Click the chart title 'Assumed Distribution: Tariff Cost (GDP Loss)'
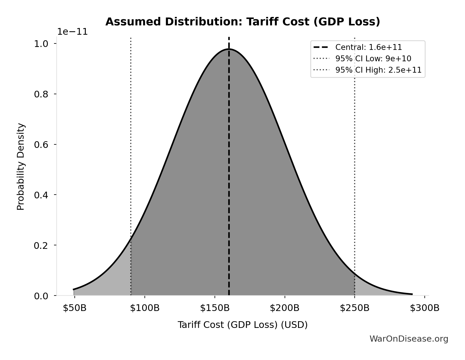coord(243,22)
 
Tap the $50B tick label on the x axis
coord(75,308)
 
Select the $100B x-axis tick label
coord(145,308)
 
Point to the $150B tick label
coord(215,308)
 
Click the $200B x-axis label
coord(285,308)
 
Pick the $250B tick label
coord(355,308)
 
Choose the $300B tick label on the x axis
coord(425,308)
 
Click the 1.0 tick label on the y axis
coord(41,44)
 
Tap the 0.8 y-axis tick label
coord(41,94)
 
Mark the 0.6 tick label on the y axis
coord(41,145)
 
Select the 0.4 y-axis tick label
coord(41,195)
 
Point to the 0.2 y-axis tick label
coord(41,245)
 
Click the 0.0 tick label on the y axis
coord(41,296)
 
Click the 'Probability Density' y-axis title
coord(21,167)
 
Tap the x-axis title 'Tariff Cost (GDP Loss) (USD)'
coord(243,325)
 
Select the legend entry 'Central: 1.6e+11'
coord(368,47)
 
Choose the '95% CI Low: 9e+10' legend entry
coord(373,59)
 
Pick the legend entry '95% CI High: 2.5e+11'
coord(378,70)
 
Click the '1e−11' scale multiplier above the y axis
coord(72,32)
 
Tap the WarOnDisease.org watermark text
coord(409,339)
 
